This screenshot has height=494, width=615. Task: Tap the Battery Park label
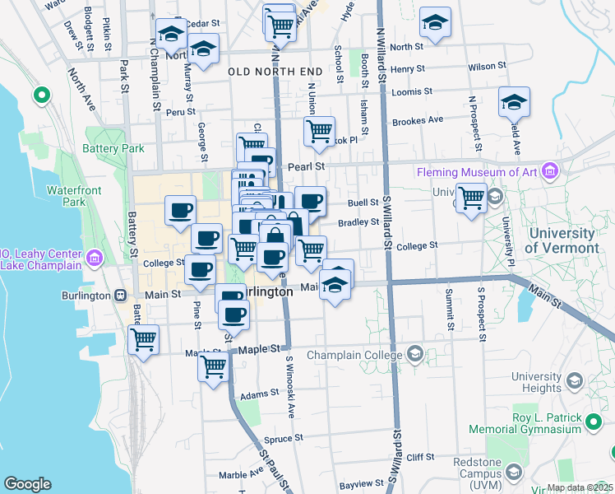click(113, 148)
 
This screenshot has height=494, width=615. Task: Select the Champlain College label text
click(356, 355)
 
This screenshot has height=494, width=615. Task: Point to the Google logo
click(27, 484)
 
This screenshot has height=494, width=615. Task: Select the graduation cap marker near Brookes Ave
click(514, 103)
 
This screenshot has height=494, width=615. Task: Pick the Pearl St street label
click(307, 165)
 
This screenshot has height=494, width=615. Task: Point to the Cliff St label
click(419, 457)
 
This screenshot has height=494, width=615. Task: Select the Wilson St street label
click(481, 66)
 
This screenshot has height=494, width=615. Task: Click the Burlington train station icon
click(121, 296)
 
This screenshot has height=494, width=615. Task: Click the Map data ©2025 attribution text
click(580, 487)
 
